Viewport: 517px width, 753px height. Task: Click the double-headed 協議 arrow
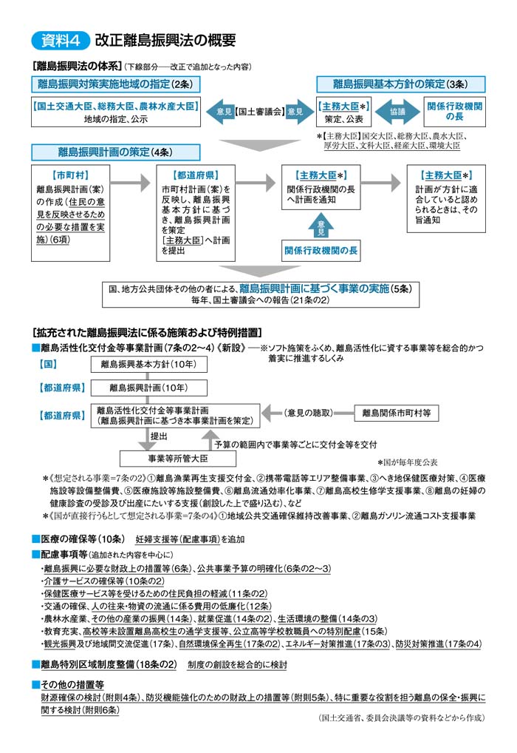[x=397, y=112]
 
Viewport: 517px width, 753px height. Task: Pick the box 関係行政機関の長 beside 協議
[x=455, y=112]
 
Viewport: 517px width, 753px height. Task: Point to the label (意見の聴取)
[x=309, y=412]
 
